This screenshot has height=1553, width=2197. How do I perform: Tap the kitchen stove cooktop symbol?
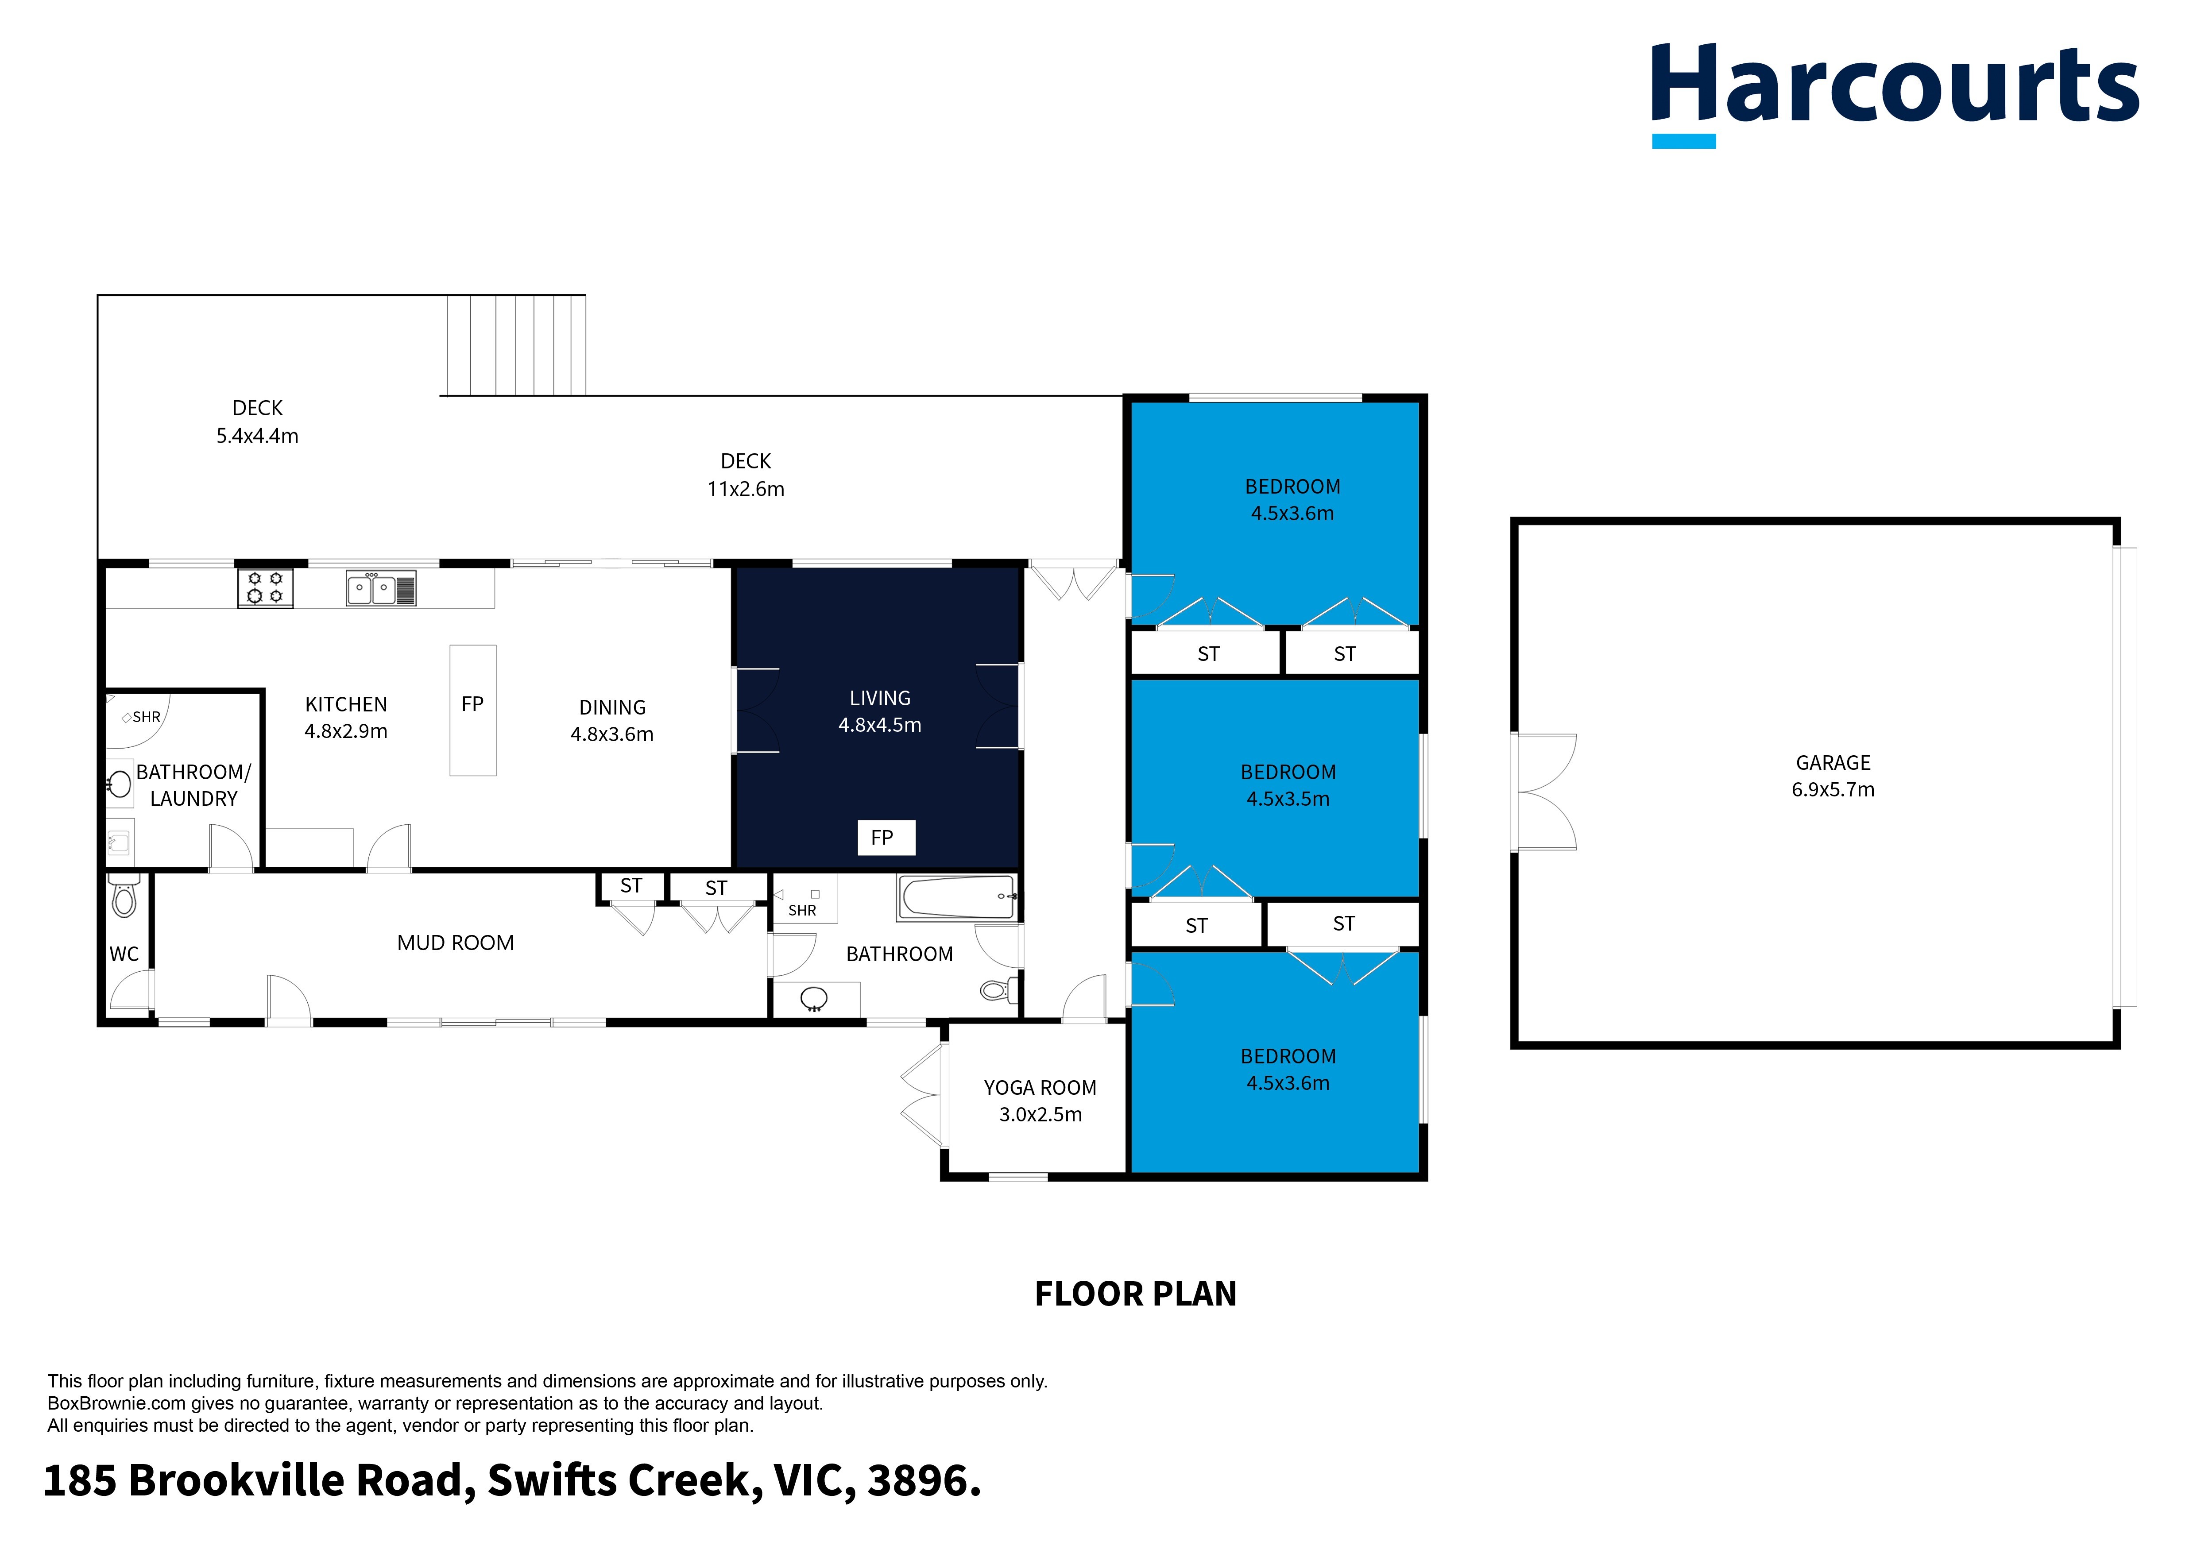click(265, 587)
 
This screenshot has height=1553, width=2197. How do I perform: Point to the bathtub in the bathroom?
click(957, 897)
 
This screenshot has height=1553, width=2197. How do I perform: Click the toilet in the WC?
click(124, 896)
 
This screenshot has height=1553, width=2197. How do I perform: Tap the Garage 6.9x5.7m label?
click(1833, 776)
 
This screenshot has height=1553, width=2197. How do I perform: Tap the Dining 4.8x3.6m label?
click(612, 721)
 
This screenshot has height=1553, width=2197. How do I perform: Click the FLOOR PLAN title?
click(1135, 1294)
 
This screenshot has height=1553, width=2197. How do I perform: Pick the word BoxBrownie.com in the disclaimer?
click(116, 1404)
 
